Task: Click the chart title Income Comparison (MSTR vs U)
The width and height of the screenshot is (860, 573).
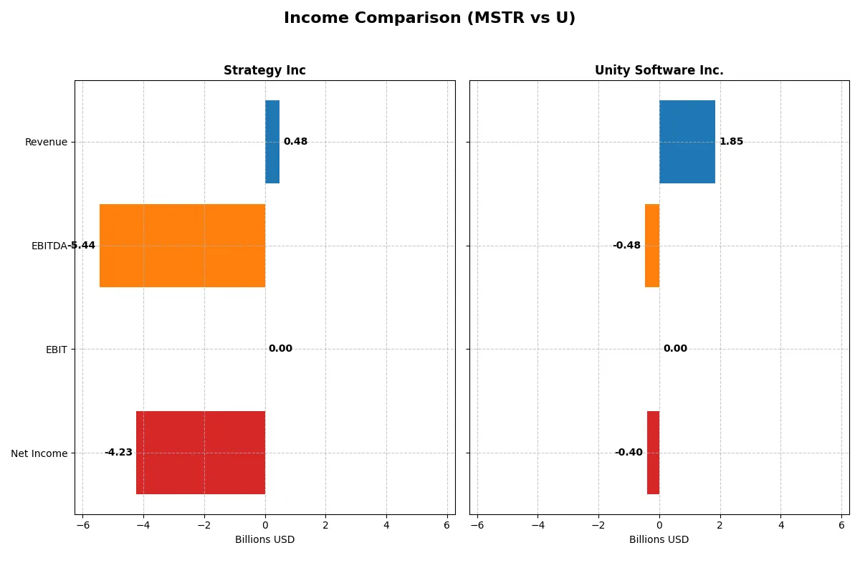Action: click(429, 19)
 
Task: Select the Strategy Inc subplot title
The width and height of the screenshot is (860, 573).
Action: click(264, 70)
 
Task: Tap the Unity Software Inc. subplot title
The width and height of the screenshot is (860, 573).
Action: click(659, 70)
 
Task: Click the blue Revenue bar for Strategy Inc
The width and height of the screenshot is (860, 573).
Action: click(272, 142)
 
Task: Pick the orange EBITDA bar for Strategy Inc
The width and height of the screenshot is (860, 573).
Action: click(182, 246)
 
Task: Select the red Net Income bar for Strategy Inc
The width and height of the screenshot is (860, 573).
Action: click(201, 453)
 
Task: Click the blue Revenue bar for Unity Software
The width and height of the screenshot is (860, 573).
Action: click(687, 142)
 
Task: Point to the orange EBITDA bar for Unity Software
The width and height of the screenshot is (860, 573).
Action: click(652, 246)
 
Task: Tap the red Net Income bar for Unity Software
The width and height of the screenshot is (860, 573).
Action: click(653, 453)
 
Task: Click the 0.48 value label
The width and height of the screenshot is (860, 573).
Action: click(295, 142)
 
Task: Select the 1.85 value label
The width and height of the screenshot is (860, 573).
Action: click(731, 142)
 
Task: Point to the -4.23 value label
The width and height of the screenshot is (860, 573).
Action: click(118, 453)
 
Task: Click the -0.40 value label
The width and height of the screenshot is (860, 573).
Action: click(629, 453)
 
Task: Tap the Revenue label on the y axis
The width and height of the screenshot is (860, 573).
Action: click(46, 142)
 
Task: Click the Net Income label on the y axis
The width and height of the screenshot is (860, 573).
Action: click(39, 453)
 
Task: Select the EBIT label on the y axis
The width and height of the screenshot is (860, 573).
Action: click(55, 350)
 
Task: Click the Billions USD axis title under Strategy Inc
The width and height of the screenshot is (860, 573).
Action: click(264, 540)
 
